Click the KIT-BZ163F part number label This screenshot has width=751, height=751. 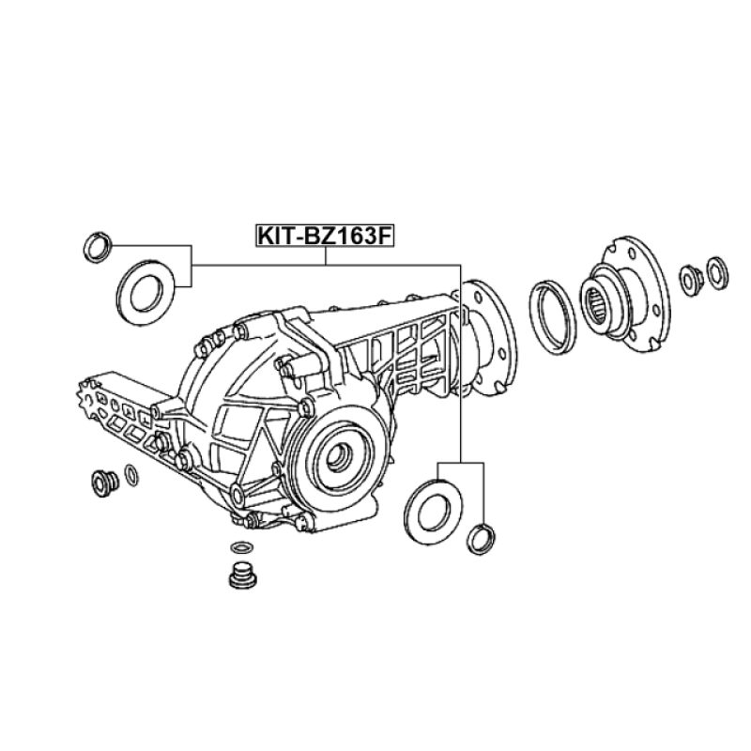coord(325,237)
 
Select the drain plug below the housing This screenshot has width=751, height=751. coord(242,575)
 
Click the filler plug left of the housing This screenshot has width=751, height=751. coord(104,483)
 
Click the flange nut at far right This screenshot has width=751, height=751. coord(690,279)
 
